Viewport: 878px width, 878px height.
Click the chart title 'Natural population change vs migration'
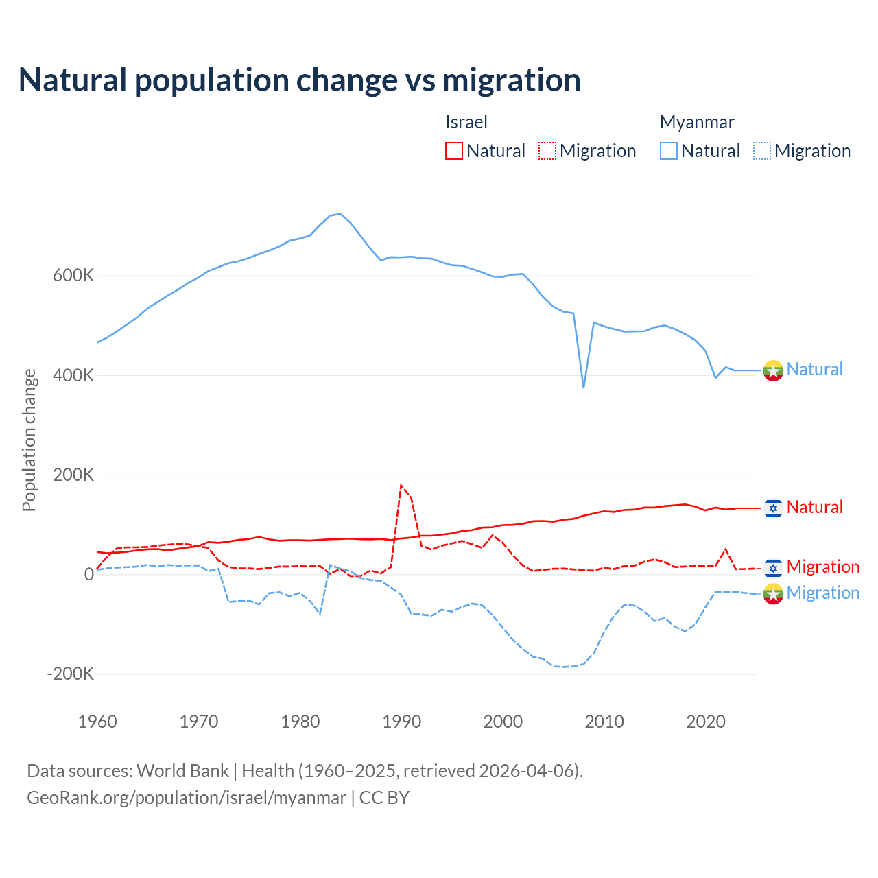tap(300, 80)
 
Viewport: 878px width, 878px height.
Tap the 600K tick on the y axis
tap(73, 276)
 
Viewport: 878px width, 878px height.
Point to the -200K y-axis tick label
tap(71, 674)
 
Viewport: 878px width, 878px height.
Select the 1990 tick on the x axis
tap(402, 722)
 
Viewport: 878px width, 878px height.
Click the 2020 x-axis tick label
tap(706, 722)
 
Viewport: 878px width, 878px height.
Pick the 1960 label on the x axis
tap(97, 722)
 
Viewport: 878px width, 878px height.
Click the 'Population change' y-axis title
tap(29, 440)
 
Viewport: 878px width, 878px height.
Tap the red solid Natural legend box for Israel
tap(454, 151)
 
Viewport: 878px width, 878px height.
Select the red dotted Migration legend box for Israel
tap(547, 151)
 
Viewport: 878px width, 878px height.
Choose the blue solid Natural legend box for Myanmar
tap(669, 151)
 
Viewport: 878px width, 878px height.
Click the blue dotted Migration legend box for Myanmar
tap(762, 151)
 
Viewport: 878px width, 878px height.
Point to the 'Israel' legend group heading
tap(466, 122)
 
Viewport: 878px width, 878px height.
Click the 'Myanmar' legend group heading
tap(697, 122)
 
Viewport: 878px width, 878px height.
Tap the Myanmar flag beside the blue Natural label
tap(773, 370)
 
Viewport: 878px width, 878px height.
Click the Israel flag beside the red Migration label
tap(773, 568)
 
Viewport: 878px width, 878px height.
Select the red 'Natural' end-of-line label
tap(814, 507)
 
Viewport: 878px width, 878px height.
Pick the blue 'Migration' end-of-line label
tap(822, 593)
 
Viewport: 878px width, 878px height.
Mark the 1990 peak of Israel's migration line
tap(401, 485)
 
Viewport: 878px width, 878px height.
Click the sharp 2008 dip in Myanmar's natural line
tap(584, 388)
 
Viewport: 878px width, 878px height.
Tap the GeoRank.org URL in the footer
tap(187, 798)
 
